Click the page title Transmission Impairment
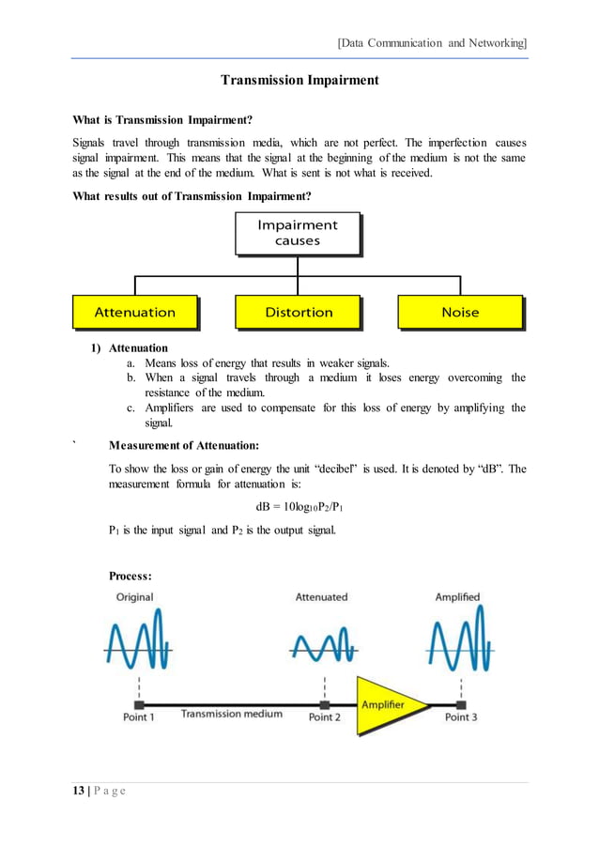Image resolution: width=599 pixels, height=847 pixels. coord(299,80)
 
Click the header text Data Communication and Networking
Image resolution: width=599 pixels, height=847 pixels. coord(431,43)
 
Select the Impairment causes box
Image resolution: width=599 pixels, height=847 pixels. coord(297,233)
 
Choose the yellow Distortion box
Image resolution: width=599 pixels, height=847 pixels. coord(298,312)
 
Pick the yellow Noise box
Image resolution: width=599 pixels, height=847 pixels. coord(459,312)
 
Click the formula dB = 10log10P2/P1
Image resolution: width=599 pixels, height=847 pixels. coord(305,508)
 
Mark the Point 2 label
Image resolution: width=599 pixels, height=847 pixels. coord(325,717)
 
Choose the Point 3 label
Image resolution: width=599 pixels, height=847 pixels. coord(461,717)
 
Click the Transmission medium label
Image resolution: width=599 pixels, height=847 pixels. coord(231,714)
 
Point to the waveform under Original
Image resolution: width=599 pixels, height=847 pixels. coord(137,639)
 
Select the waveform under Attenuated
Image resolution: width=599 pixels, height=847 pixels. coord(323,645)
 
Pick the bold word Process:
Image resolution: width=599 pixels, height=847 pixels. coord(131,576)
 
